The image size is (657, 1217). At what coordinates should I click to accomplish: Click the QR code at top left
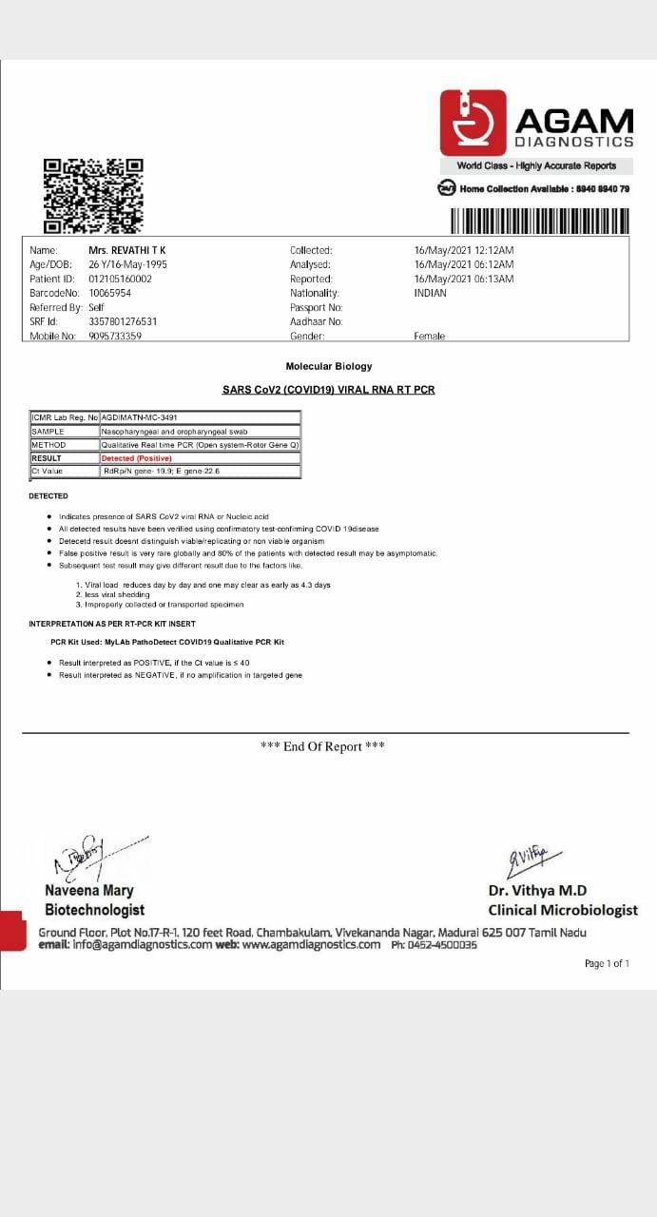93,196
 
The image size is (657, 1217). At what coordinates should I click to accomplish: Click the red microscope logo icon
473,123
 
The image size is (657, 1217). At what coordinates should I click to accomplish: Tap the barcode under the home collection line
539,221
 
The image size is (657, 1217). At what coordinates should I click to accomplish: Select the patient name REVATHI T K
127,250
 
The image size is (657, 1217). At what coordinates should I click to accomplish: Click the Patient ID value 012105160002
120,279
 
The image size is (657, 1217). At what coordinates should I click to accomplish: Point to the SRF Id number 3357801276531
123,321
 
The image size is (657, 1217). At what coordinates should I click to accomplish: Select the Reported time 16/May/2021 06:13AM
464,279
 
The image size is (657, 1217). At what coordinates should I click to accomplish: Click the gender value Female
429,336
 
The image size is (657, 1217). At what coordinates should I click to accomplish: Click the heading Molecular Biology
329,366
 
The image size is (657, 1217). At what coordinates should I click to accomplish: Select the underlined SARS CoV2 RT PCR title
328,390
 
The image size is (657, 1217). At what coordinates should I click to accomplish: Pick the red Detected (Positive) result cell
137,458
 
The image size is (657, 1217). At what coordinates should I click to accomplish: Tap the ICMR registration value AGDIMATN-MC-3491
139,417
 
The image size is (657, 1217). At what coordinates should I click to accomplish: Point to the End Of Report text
322,746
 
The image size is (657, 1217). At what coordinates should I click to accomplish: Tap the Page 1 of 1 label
607,963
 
